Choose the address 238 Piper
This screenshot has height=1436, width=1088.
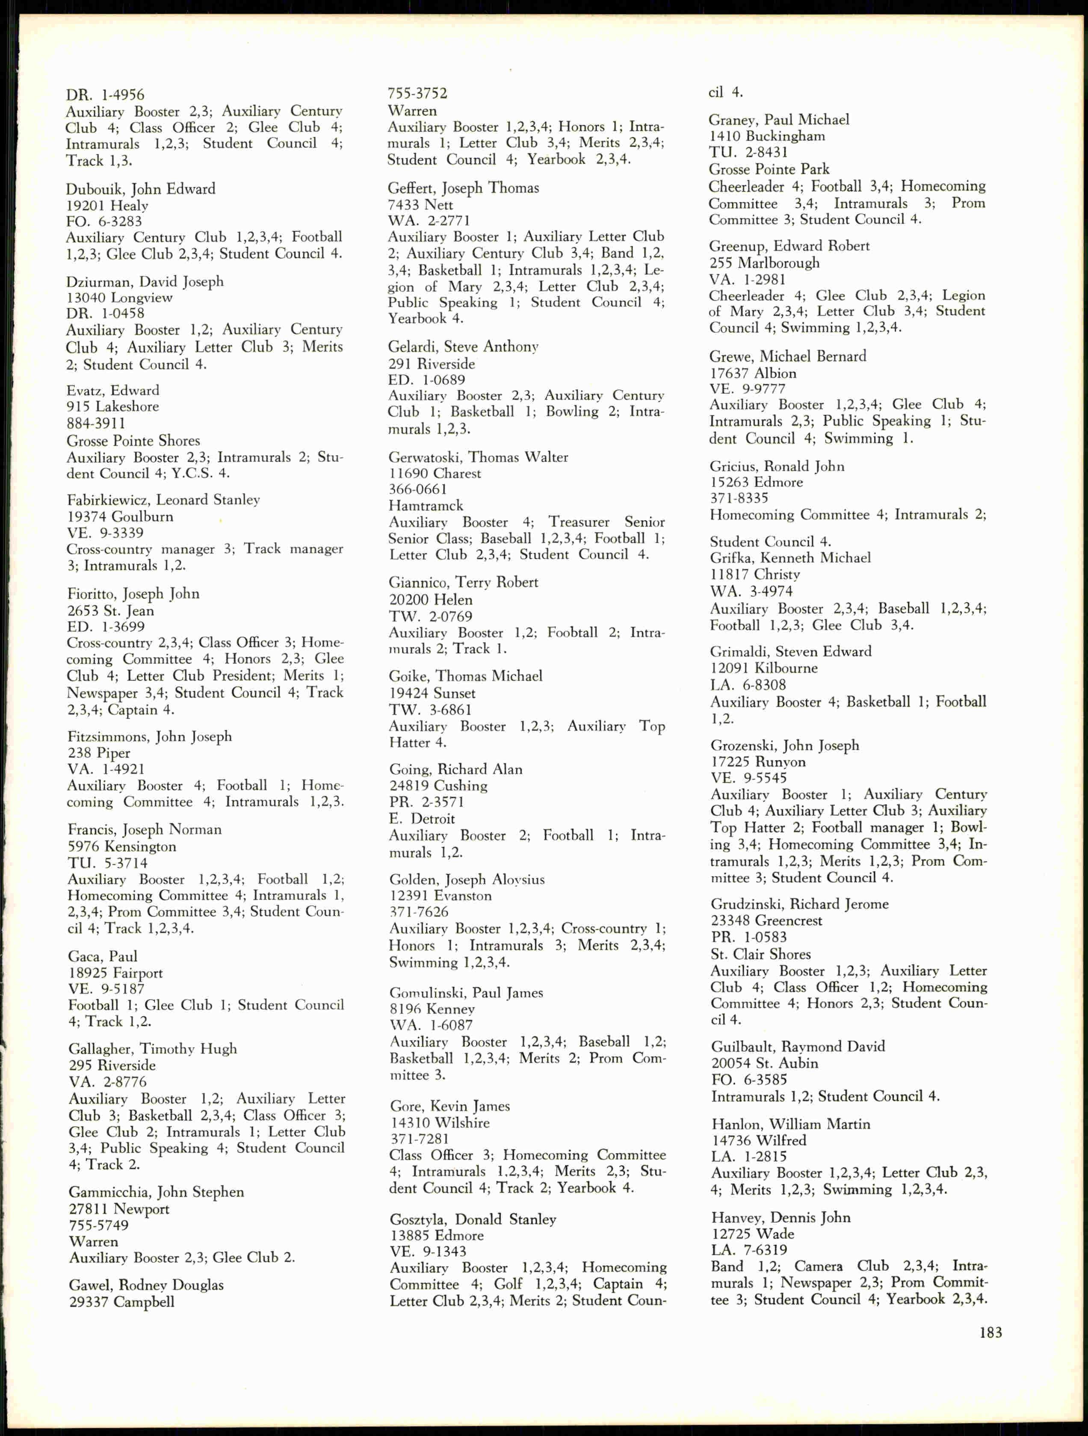[99, 753]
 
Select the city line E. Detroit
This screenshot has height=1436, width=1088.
[422, 819]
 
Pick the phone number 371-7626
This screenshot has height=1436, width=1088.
[419, 912]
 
